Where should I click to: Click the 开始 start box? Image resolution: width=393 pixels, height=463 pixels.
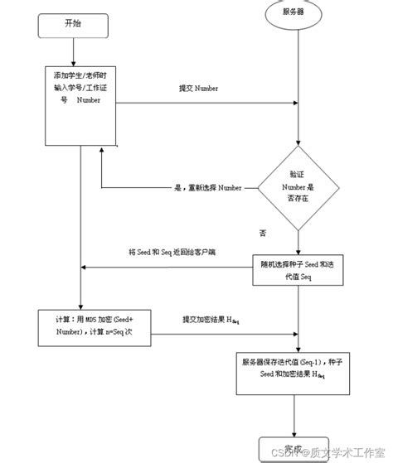click(x=73, y=25)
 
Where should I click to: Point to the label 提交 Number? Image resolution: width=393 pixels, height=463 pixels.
click(x=198, y=87)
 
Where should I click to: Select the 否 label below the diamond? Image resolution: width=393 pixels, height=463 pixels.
click(x=263, y=234)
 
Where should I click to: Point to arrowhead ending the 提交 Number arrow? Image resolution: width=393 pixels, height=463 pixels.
click(x=294, y=104)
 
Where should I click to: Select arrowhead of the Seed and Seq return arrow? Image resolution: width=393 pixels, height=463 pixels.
click(x=85, y=268)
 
